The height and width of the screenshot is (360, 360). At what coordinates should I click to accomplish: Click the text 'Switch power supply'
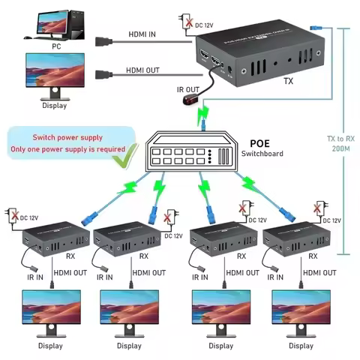67,138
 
